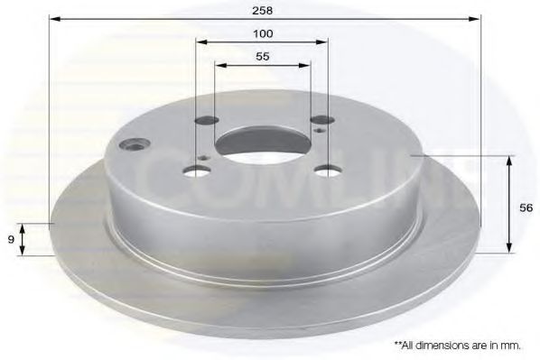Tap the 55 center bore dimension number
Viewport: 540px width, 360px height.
point(264,56)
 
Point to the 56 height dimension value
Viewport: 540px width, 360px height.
point(526,206)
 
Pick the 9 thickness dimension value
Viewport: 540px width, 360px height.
point(10,239)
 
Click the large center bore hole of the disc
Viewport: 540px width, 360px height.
point(263,143)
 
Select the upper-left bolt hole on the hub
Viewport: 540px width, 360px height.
point(208,120)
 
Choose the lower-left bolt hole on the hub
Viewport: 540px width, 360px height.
point(196,171)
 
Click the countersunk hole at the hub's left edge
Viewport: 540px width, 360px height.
point(137,143)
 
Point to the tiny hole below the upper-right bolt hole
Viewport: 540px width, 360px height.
point(323,132)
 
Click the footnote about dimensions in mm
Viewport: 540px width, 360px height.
point(458,345)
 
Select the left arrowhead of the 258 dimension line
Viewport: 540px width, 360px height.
point(53,18)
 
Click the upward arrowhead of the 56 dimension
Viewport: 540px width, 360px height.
point(510,161)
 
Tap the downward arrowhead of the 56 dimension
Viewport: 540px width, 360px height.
point(510,248)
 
